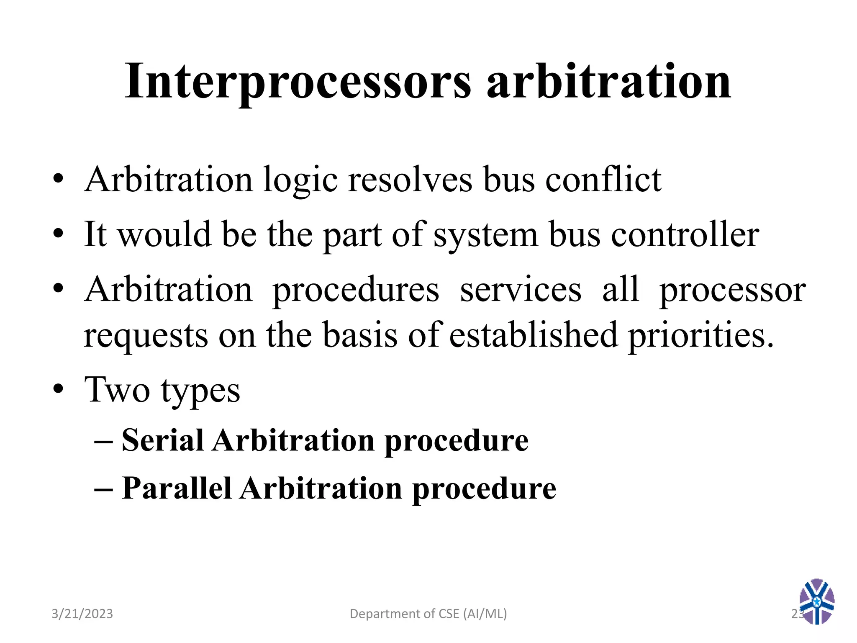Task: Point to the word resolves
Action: (410, 180)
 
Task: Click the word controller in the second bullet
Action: (685, 234)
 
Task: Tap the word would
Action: (164, 234)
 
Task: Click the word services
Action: (521, 290)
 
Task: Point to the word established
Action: (534, 335)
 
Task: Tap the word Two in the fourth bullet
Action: (117, 390)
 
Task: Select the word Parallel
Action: (176, 489)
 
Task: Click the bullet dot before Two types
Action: (58, 390)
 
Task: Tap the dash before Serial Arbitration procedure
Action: (103, 442)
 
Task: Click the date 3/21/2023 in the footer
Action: (82, 614)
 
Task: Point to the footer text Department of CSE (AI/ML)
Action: (428, 614)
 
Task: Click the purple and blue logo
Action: (816, 602)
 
